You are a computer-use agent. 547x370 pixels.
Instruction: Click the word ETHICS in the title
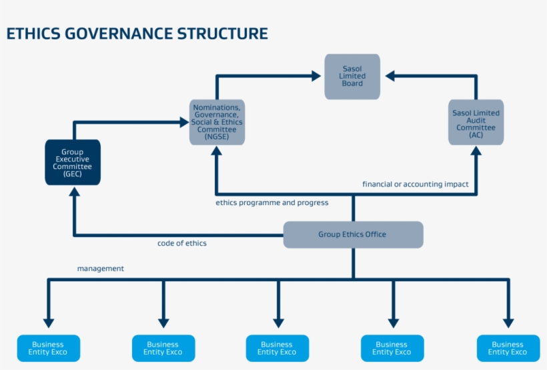click(x=33, y=33)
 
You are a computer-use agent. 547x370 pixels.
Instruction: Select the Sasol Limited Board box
click(x=352, y=77)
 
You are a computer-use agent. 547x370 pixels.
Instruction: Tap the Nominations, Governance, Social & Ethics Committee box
click(x=217, y=122)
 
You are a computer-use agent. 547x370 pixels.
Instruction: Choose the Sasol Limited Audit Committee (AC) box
click(x=476, y=122)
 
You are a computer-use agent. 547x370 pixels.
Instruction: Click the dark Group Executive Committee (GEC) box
click(x=73, y=162)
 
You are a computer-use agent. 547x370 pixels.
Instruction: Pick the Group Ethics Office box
click(x=353, y=234)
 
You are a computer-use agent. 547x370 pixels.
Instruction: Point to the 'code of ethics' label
click(x=182, y=243)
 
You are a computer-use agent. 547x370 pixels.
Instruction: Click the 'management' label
click(x=100, y=268)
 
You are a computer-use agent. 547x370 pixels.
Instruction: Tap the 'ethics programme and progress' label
click(x=271, y=202)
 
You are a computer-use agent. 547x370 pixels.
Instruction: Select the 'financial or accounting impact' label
click(x=415, y=184)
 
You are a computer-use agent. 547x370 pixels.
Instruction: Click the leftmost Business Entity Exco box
click(x=48, y=348)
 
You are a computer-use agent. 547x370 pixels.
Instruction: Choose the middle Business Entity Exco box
click(x=277, y=348)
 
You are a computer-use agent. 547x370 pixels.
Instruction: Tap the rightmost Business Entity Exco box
click(x=508, y=348)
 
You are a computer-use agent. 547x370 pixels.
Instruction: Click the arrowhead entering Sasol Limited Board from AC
click(x=390, y=76)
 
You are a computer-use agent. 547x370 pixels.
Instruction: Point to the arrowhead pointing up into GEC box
click(x=73, y=192)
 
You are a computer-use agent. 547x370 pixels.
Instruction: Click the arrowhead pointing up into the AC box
click(x=476, y=152)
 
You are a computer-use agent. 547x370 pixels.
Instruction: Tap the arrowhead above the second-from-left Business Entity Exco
click(x=163, y=322)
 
